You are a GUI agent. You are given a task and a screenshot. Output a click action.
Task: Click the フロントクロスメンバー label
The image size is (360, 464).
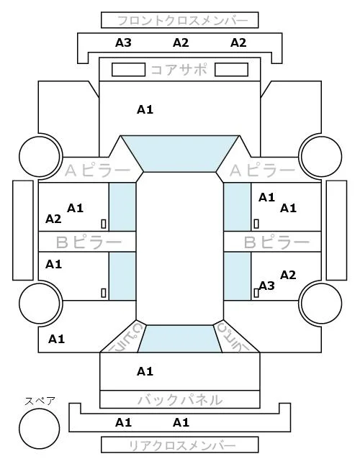click(x=182, y=21)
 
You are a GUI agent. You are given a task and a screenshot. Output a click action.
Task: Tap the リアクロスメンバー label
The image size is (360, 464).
click(x=182, y=445)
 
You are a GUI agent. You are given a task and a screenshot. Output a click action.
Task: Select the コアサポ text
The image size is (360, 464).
click(x=179, y=70)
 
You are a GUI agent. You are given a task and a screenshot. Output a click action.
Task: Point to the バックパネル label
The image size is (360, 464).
click(x=180, y=400)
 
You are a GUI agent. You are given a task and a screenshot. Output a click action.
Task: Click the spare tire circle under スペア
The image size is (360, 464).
click(x=40, y=429)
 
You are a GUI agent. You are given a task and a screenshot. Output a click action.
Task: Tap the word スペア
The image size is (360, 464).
click(x=40, y=401)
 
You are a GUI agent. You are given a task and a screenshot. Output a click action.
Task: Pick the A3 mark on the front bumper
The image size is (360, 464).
click(x=123, y=42)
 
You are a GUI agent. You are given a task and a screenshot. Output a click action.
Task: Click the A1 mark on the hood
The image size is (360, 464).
click(x=145, y=110)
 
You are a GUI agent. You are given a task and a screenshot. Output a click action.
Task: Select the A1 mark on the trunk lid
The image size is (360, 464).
click(x=145, y=371)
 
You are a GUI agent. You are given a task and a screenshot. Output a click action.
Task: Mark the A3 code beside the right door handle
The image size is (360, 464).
click(x=266, y=286)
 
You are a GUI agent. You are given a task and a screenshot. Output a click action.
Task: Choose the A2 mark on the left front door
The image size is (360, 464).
click(x=53, y=219)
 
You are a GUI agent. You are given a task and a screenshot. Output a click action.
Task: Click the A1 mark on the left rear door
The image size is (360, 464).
click(x=53, y=264)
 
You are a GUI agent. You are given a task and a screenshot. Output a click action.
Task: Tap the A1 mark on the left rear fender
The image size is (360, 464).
click(x=57, y=339)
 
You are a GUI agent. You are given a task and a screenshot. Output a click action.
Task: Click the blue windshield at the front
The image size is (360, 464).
click(x=180, y=153)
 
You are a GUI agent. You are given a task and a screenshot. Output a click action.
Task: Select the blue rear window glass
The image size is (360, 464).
click(x=180, y=339)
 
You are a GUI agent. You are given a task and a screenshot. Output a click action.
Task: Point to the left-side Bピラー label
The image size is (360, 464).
click(x=89, y=242)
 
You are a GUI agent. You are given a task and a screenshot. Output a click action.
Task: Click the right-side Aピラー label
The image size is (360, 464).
click(x=262, y=170)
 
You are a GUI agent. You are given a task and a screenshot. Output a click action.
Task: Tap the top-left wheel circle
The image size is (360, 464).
click(x=40, y=156)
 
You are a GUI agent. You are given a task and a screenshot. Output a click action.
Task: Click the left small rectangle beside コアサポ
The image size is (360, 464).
click(x=128, y=70)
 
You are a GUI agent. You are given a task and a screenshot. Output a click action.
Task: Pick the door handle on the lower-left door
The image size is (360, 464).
click(x=104, y=293)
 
